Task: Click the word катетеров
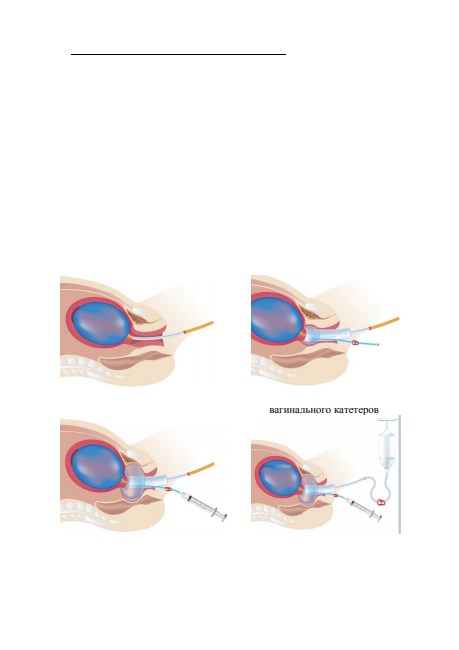pos(355,410)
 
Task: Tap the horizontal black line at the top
pos(179,54)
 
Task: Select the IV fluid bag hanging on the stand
pos(386,447)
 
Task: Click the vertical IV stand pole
pos(400,475)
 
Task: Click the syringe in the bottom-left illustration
pos(205,505)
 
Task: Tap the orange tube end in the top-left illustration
pos(201,327)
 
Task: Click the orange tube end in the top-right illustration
pos(386,323)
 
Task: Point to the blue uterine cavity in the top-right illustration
pos(276,320)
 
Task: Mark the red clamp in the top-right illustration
pos(356,343)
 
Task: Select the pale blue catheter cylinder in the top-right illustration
pos(328,335)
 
